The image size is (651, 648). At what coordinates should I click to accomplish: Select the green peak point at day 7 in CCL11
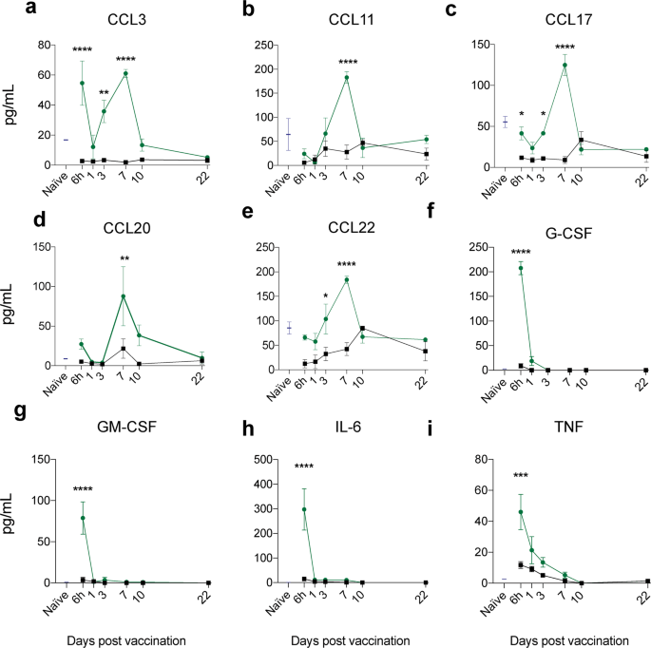[347, 77]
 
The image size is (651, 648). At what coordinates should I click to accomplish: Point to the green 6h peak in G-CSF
[521, 269]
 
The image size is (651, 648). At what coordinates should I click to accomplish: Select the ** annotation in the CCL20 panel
[124, 259]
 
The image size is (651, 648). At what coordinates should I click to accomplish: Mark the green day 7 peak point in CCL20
[123, 296]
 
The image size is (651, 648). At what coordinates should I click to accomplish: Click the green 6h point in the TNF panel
[520, 512]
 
